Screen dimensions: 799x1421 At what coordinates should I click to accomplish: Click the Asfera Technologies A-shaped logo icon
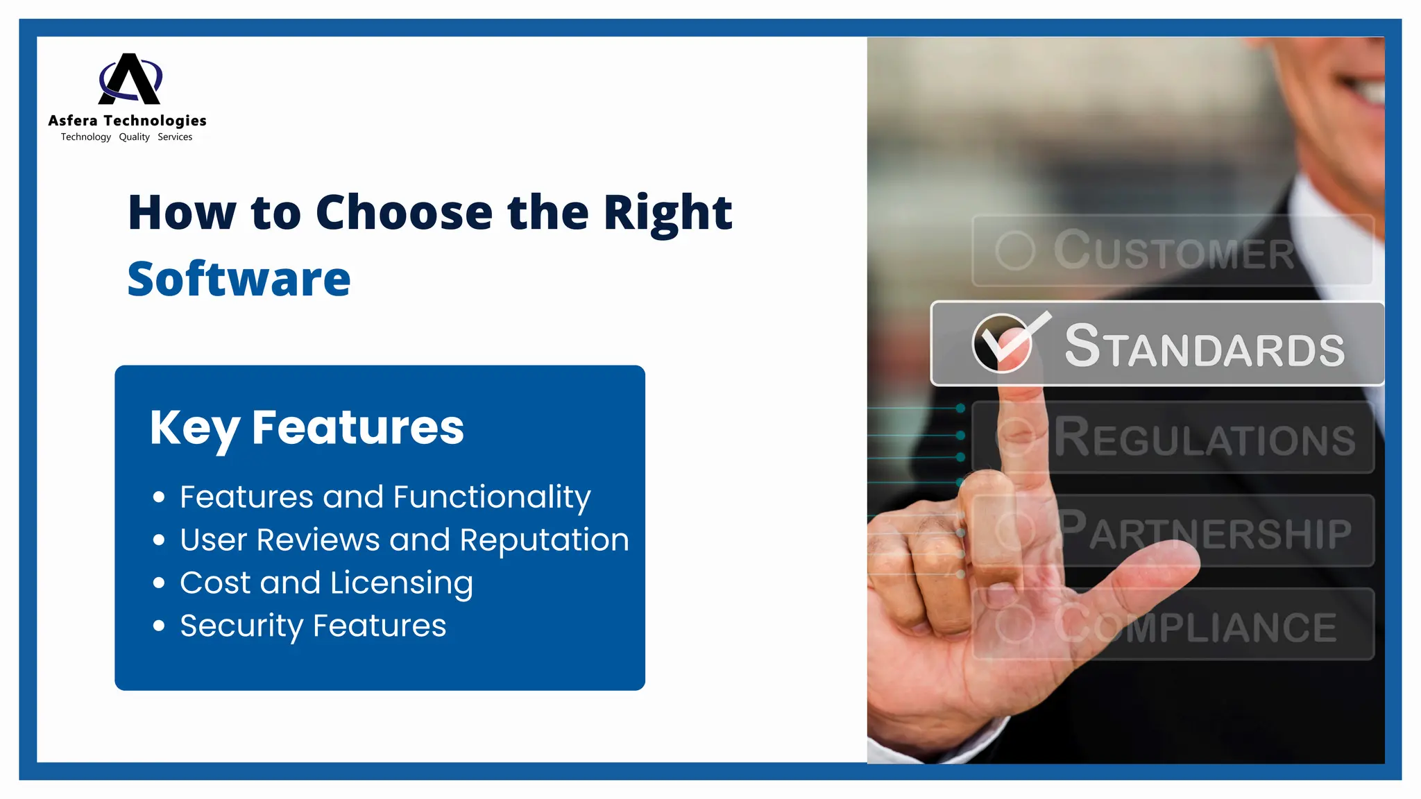130,79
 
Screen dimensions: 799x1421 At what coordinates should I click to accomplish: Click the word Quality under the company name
134,137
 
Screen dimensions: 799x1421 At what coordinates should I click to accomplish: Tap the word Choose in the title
404,212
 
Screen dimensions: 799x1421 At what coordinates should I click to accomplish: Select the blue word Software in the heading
239,279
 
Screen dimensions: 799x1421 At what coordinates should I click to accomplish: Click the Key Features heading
307,427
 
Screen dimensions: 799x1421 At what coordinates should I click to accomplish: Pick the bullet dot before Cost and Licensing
159,583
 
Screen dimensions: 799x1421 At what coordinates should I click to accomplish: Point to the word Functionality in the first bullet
492,497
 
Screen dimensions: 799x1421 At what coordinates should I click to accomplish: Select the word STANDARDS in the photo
1205,346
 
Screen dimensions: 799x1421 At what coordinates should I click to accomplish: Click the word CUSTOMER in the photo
1174,251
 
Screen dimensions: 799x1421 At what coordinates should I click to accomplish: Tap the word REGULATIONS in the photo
1205,438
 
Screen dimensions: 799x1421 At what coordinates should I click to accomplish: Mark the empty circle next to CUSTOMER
1015,250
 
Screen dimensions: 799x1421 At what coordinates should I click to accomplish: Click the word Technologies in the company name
155,121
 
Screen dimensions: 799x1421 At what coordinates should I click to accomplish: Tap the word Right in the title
667,212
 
